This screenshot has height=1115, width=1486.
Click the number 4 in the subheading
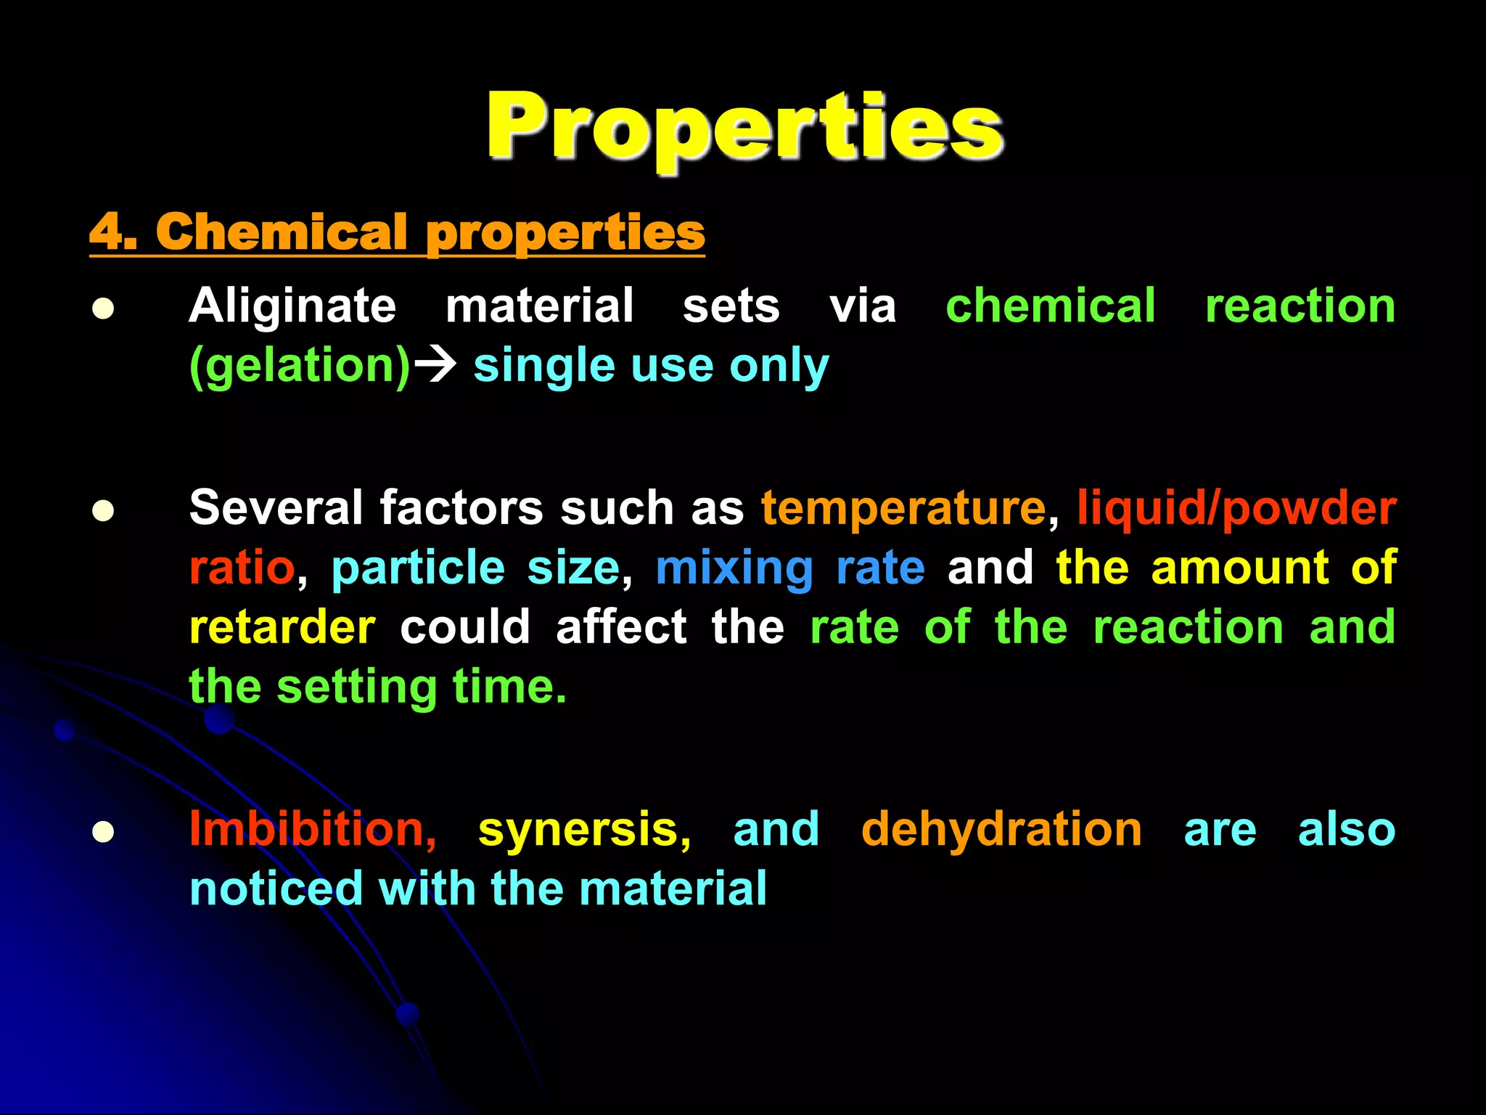click(x=107, y=232)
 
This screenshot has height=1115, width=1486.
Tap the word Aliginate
click(x=292, y=306)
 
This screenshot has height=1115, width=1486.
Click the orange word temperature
click(x=903, y=507)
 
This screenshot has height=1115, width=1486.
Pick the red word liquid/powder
click(x=1236, y=508)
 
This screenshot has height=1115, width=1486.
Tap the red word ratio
click(x=242, y=568)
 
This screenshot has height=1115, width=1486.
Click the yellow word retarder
click(x=282, y=627)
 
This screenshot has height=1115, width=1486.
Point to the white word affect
click(x=621, y=627)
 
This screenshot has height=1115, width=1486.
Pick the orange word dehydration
click(x=1001, y=829)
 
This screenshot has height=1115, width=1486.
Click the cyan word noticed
click(x=276, y=889)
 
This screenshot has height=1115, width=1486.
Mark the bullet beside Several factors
click(x=103, y=510)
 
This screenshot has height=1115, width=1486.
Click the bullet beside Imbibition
click(x=103, y=832)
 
